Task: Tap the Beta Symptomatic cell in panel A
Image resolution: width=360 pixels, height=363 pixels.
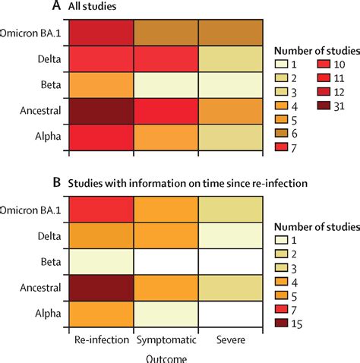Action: point(166,84)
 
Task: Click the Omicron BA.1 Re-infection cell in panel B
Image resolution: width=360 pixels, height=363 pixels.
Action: point(102,209)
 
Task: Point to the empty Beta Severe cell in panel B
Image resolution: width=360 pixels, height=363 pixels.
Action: point(230,260)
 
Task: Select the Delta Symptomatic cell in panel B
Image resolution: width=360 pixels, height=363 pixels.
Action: point(166,235)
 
